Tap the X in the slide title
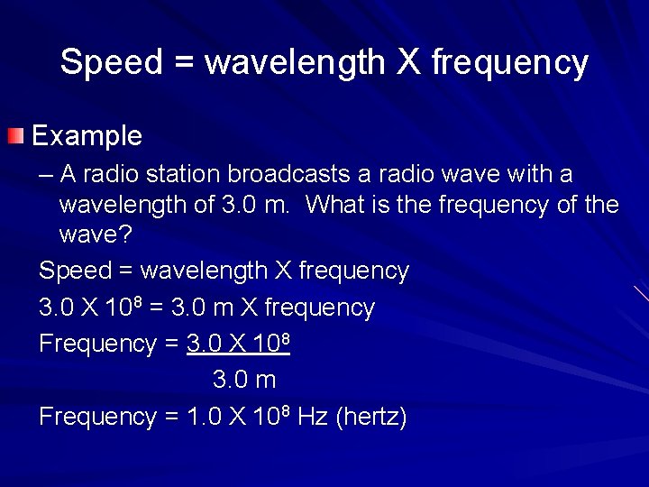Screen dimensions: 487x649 tap(410, 63)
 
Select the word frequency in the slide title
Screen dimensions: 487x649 tap(510, 63)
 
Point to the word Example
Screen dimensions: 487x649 tap(87, 136)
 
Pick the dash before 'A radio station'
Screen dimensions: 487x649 tap(45, 174)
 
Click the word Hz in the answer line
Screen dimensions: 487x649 tap(312, 417)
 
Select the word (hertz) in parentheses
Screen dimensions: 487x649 tap(371, 417)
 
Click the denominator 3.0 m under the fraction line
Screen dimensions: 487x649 tap(243, 381)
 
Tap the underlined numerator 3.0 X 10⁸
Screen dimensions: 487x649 tap(237, 344)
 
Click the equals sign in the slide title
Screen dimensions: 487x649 tap(187, 63)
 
